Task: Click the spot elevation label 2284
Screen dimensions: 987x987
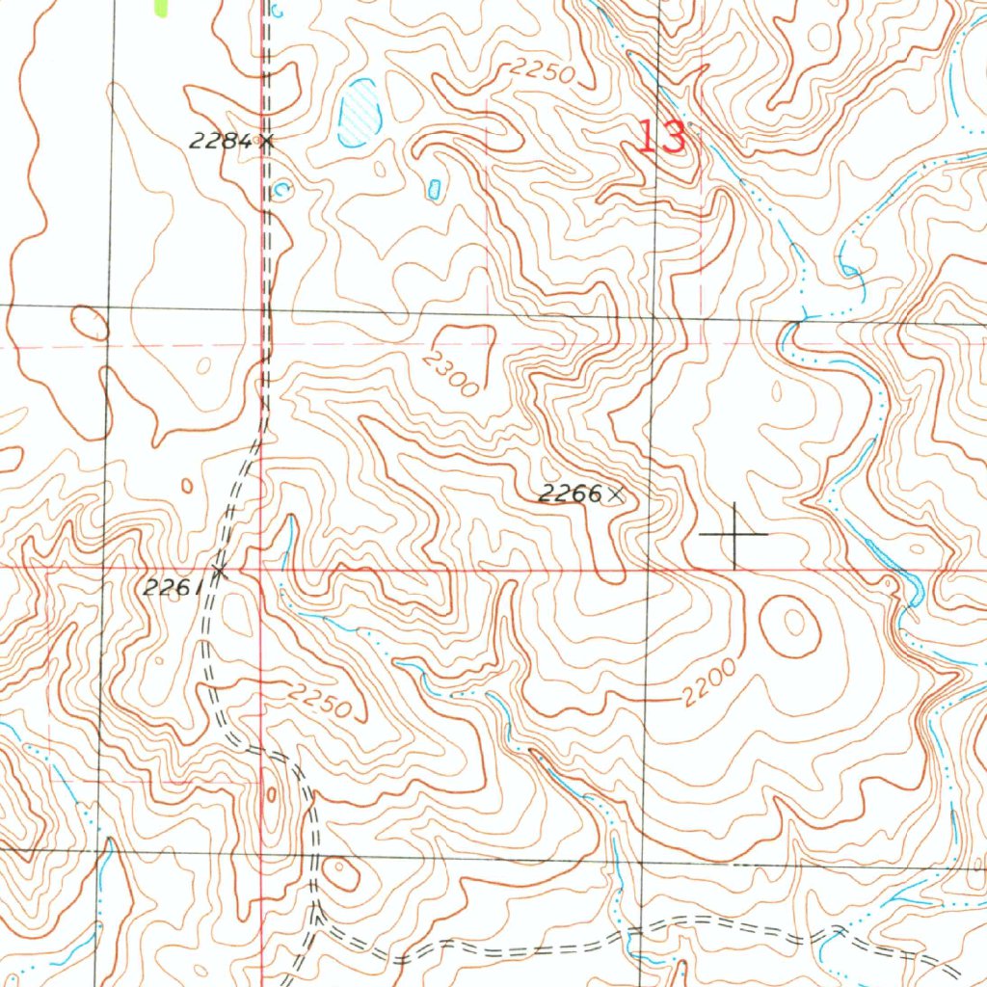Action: (220, 142)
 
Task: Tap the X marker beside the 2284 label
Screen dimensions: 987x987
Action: (266, 142)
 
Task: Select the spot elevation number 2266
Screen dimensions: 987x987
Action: (569, 494)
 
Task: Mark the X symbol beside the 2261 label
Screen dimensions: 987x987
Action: (219, 572)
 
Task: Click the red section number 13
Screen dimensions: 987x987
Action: (661, 137)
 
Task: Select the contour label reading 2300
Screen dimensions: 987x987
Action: (449, 373)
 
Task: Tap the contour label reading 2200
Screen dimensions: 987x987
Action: (711, 682)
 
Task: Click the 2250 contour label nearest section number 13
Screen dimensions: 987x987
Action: (542, 70)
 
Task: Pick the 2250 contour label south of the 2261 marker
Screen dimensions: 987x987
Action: (320, 701)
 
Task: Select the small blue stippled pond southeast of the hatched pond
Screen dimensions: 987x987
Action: (434, 187)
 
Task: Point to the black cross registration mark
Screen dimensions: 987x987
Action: (734, 533)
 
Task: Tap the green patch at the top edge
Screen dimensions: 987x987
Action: (160, 8)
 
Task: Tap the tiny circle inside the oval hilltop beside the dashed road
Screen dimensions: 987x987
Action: (340, 874)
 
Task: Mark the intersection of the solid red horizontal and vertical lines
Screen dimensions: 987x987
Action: (262, 569)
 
